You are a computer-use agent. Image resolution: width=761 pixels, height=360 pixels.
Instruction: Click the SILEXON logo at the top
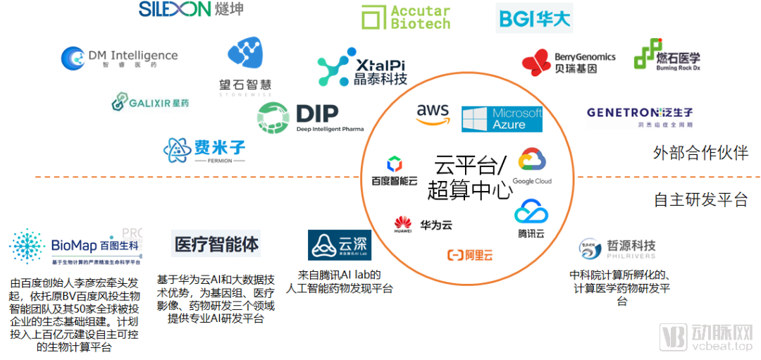click(190, 10)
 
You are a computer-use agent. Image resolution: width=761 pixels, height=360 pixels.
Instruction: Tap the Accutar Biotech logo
click(405, 18)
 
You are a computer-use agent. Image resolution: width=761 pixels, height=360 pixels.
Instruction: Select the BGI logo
click(534, 18)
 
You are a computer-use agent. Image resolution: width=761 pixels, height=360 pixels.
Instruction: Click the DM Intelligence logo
click(119, 58)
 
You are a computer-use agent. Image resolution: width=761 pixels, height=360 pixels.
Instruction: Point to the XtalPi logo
click(363, 68)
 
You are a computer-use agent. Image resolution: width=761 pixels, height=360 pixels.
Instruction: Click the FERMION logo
click(204, 149)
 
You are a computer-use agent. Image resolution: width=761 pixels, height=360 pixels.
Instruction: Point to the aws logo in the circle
click(433, 114)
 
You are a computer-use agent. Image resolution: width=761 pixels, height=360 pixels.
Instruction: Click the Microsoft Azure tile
click(502, 119)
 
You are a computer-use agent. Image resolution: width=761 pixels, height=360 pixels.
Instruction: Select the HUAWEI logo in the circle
click(403, 226)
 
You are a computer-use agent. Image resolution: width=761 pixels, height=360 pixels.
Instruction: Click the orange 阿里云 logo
click(469, 256)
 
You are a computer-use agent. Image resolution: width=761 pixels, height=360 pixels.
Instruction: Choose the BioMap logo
click(78, 246)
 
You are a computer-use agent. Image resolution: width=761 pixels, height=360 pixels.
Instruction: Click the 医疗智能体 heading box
click(216, 244)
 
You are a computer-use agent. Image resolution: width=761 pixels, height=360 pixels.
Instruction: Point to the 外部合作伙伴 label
click(700, 153)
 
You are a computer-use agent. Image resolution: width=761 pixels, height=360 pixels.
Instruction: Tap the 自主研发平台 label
click(700, 200)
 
